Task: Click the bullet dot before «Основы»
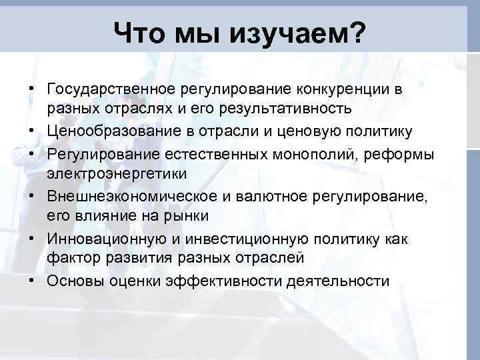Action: tap(33, 281)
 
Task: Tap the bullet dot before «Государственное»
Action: tap(33, 89)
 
